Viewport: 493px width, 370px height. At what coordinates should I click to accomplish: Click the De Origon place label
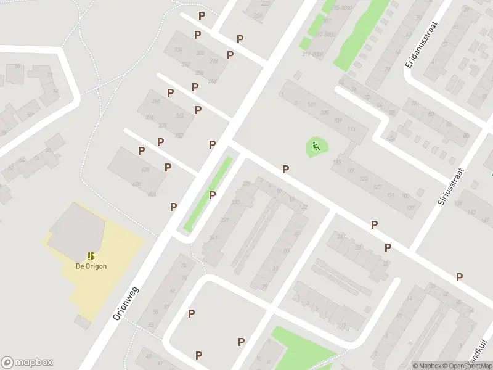[x=91, y=266]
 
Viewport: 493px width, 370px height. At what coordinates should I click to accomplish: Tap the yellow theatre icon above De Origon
[x=91, y=255]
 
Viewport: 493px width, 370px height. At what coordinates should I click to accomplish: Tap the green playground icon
[x=316, y=146]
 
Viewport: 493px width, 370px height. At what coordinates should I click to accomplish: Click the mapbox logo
[x=27, y=363]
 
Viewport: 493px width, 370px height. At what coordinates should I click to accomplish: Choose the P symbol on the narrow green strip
[x=213, y=195]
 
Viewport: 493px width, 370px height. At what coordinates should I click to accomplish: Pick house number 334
[x=179, y=50]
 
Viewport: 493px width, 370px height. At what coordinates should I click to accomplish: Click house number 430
[x=145, y=170]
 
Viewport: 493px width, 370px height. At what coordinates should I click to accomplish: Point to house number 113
[x=352, y=128]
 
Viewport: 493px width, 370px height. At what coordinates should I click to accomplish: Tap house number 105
[x=325, y=112]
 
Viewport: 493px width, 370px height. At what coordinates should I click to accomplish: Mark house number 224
[x=258, y=16]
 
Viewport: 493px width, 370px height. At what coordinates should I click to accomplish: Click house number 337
[x=224, y=220]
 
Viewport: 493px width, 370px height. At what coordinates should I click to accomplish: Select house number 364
[x=180, y=116]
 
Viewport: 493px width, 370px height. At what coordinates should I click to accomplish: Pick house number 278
[x=214, y=60]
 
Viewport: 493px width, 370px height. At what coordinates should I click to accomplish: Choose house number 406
[x=151, y=194]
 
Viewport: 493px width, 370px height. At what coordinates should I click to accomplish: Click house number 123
[x=363, y=178]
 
